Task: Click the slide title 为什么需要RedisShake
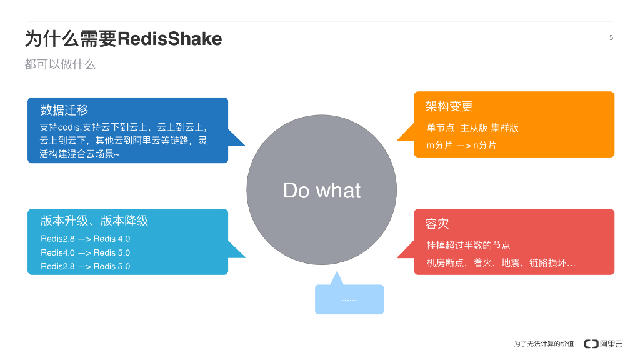click(123, 39)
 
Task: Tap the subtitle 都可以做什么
click(60, 64)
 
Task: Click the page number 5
click(611, 37)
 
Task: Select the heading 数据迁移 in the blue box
click(64, 111)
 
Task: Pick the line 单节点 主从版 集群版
click(472, 127)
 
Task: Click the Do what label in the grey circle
click(322, 190)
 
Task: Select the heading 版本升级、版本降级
click(94, 221)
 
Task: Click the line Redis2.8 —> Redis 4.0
click(85, 239)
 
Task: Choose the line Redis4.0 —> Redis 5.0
click(85, 252)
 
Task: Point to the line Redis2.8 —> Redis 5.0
click(85, 266)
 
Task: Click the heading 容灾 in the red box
click(437, 224)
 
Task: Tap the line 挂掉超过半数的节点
click(469, 245)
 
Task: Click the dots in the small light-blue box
click(349, 301)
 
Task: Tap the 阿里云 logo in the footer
click(603, 343)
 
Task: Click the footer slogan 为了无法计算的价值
click(543, 344)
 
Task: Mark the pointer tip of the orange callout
click(397, 139)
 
